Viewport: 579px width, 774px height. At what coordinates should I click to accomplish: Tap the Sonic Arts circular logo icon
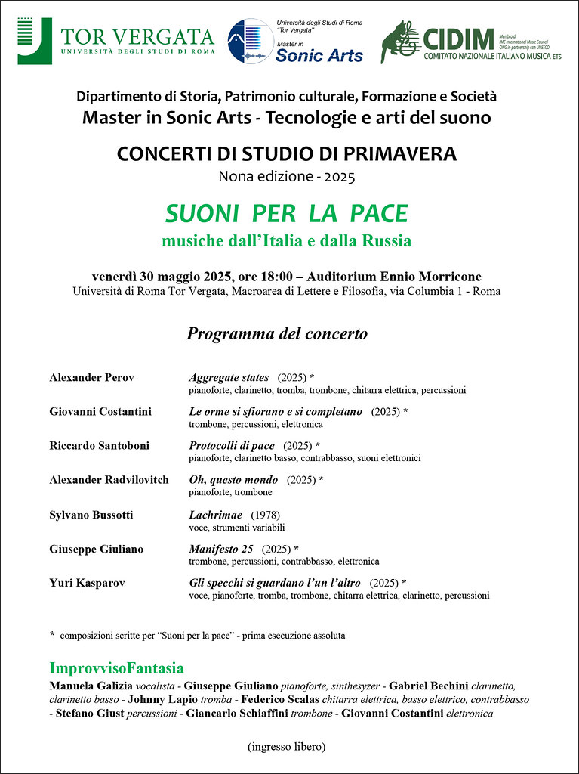pyautogui.click(x=251, y=42)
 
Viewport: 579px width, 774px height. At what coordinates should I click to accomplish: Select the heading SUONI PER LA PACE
pyautogui.click(x=286, y=214)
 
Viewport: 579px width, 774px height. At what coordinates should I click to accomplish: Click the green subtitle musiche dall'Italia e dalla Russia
pyautogui.click(x=286, y=241)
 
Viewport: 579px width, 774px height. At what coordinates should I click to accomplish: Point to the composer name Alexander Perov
pyautogui.click(x=91, y=377)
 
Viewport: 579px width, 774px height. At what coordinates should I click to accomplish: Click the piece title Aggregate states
pyautogui.click(x=229, y=377)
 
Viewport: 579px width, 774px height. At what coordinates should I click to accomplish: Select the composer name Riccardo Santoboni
pyautogui.click(x=99, y=445)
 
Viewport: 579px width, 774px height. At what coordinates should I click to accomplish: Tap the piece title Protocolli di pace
pyautogui.click(x=232, y=445)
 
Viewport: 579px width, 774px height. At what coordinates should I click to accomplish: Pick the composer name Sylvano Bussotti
pyautogui.click(x=91, y=514)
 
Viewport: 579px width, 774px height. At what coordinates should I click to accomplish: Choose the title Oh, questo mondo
pyautogui.click(x=233, y=479)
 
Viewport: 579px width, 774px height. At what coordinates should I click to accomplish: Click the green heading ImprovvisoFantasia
pyautogui.click(x=116, y=668)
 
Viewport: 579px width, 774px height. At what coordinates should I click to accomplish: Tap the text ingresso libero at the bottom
pyautogui.click(x=286, y=747)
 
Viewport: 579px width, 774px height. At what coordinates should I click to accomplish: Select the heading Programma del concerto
pyautogui.click(x=277, y=333)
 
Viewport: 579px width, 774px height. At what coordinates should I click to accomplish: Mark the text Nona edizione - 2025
pyautogui.click(x=286, y=178)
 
